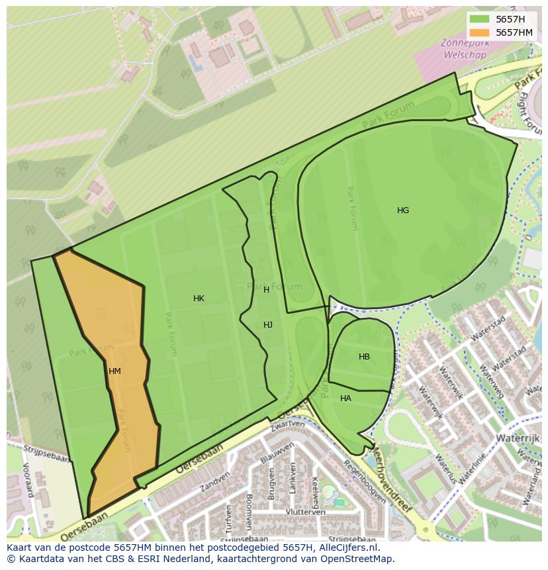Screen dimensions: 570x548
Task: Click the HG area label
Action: coord(403,211)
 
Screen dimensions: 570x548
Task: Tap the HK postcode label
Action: coord(199,299)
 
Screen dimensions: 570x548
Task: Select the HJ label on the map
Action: coord(268,325)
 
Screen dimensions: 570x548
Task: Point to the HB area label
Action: coord(364,357)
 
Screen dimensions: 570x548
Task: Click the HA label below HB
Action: coord(345,399)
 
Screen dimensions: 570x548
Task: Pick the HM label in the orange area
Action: coord(114,371)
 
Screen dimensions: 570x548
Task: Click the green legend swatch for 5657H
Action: coord(480,19)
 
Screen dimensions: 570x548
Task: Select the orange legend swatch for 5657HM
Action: coord(480,32)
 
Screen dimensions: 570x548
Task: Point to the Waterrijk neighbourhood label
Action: coord(520,438)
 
